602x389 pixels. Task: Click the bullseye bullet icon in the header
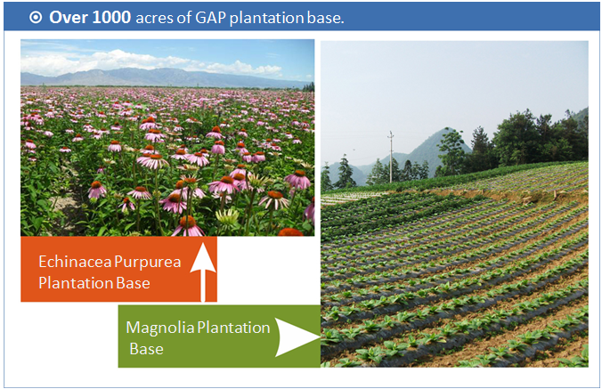coord(36,18)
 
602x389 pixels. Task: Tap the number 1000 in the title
coord(111,18)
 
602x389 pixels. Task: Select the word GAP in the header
coord(210,18)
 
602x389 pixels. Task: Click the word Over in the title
coord(69,18)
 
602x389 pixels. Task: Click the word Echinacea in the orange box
coord(75,262)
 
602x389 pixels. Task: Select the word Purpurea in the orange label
coord(148,263)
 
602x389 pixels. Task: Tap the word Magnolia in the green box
coord(160,328)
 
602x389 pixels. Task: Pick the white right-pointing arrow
coord(297,337)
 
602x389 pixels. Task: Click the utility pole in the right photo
coord(391,157)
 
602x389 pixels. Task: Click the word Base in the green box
coord(146,349)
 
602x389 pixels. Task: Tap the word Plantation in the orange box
coord(76,283)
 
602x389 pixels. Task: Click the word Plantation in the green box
coord(234,328)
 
